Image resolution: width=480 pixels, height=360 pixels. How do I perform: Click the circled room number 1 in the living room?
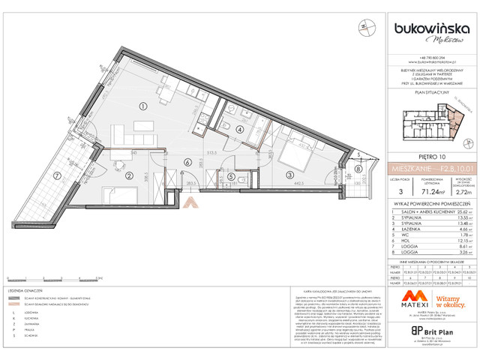pyautogui.click(x=144, y=106)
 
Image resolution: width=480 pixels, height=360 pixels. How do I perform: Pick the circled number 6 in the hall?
pyautogui.click(x=186, y=161)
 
